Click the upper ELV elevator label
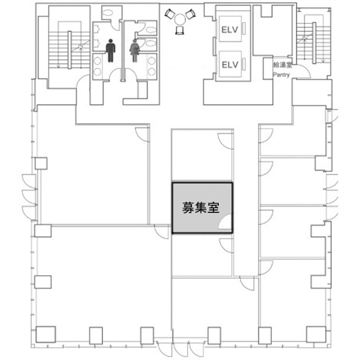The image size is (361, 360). (x=229, y=29)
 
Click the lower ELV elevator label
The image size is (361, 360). (x=230, y=65)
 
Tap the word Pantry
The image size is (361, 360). (x=281, y=75)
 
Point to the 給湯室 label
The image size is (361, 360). (x=283, y=65)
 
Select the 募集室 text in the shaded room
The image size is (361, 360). (x=201, y=208)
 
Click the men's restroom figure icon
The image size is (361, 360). (x=111, y=51)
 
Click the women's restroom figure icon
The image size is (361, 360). (x=135, y=51)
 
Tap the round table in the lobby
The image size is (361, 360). (x=180, y=19)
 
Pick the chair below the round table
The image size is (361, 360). (x=179, y=30)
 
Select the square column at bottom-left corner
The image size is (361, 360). (x=45, y=334)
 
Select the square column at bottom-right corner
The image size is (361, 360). (x=316, y=334)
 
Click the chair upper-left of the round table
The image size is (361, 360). (x=170, y=14)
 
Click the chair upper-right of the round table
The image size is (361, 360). (x=191, y=14)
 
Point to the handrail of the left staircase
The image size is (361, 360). (x=70, y=50)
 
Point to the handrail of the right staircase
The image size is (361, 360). (x=314, y=43)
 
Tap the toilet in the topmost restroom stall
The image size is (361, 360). (x=106, y=13)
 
